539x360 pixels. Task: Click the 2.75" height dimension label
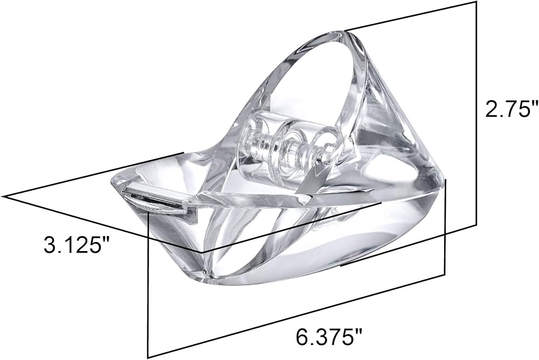coord(510,108)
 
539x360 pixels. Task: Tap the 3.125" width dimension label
coord(76,245)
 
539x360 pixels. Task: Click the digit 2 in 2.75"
coord(490,108)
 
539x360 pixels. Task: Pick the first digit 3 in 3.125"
coord(50,245)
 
